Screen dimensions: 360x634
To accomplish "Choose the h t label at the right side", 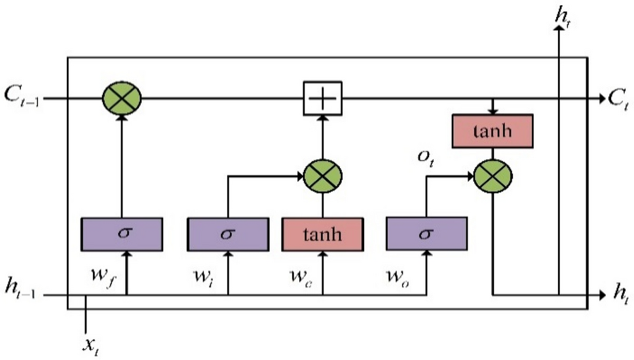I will [620, 296].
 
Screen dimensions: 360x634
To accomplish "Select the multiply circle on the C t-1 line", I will [122, 99].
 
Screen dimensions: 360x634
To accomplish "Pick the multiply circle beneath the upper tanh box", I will [492, 175].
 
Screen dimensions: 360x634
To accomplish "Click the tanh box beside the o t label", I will [492, 134].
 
